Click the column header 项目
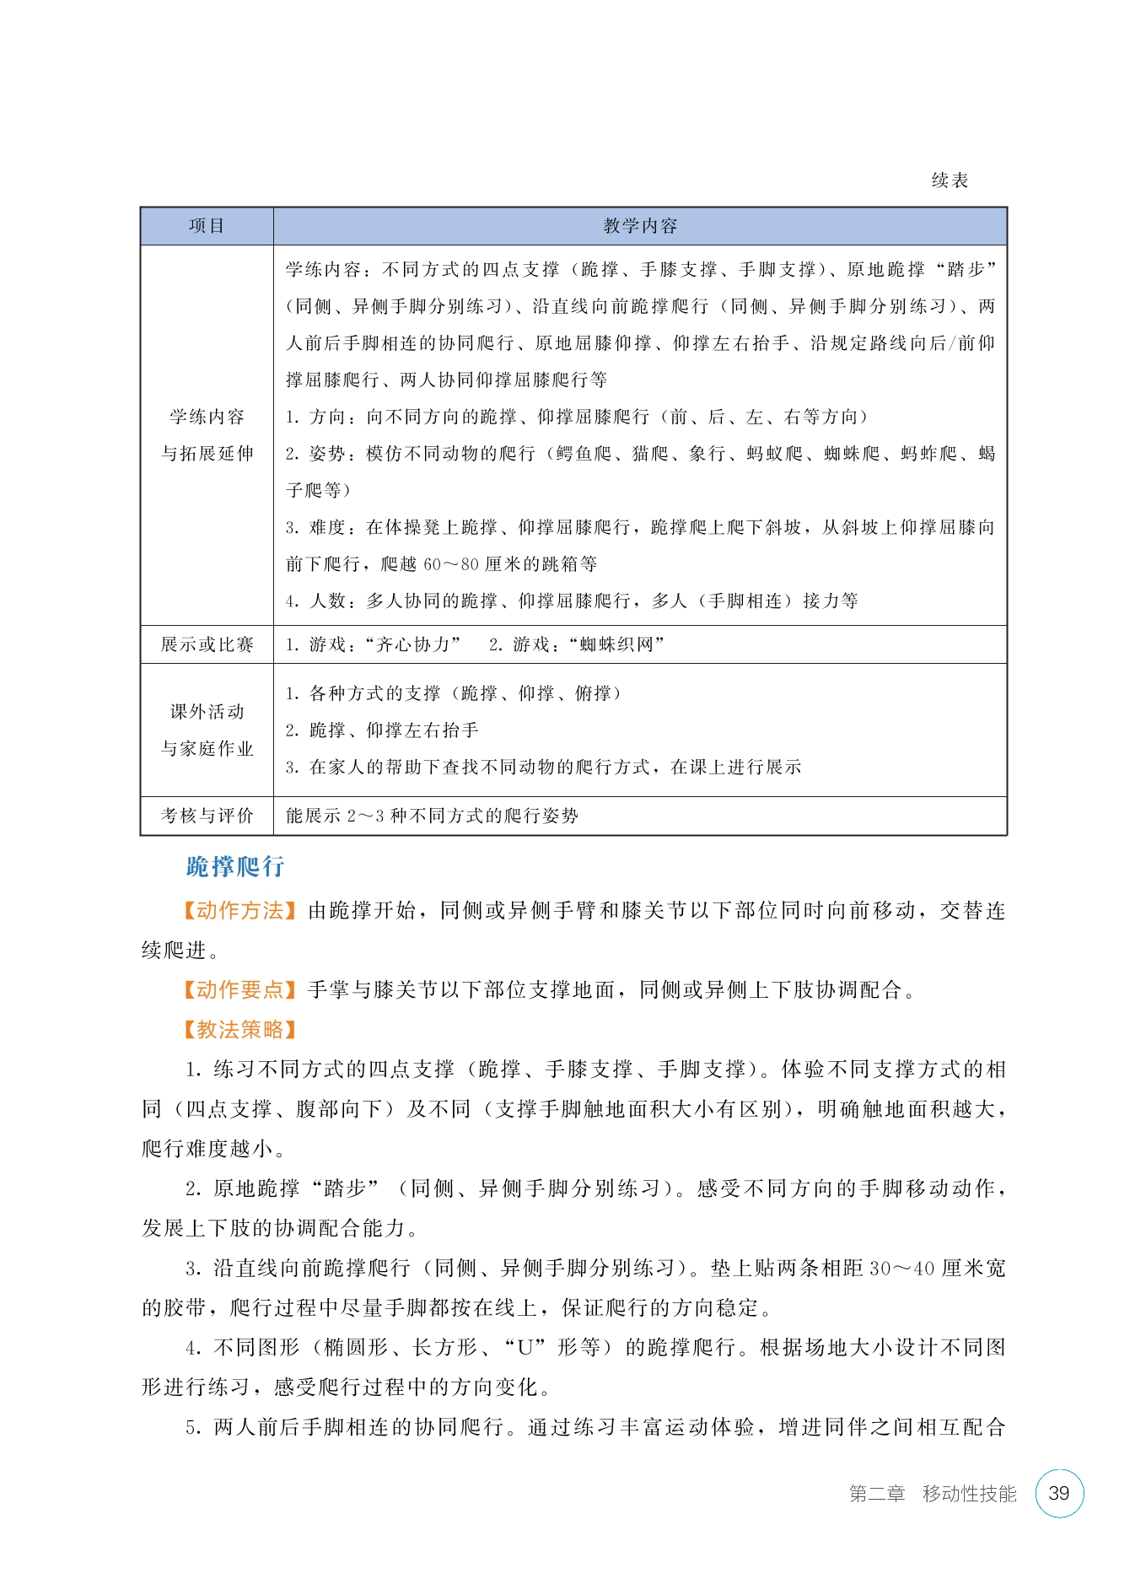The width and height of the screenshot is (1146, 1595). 207,226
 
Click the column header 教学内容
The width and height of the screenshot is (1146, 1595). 640,226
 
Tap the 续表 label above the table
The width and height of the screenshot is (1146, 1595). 950,181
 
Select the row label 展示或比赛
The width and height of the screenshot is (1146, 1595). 207,644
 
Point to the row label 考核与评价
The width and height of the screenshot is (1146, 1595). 207,816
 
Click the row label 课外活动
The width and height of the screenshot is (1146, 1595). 207,712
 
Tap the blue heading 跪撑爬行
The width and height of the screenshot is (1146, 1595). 235,866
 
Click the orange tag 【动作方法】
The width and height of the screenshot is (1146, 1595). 239,911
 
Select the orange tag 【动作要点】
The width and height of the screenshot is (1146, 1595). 239,989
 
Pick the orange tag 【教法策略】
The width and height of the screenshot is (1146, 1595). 239,1029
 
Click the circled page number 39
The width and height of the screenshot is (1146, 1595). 1058,1493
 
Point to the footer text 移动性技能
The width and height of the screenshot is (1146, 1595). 969,1494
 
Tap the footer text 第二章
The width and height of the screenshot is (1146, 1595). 876,1494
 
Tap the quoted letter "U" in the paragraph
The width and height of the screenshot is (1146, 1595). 525,1348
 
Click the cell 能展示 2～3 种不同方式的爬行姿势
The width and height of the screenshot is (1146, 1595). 432,816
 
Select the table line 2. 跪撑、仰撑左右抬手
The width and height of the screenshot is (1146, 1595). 382,730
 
